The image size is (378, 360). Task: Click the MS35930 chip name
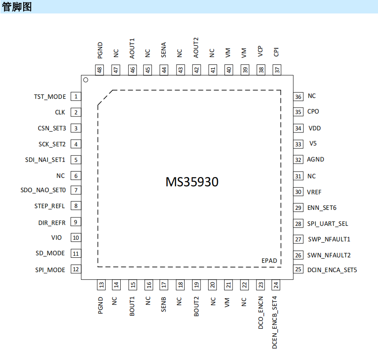(192, 182)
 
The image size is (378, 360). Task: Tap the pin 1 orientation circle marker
(85, 80)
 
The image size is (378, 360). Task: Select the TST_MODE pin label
(50, 97)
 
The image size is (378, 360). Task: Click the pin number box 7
(76, 190)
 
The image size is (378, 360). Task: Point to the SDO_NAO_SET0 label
(43, 190)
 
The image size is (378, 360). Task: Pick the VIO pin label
(56, 238)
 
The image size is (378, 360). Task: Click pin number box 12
(76, 270)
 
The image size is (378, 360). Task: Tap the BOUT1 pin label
(132, 307)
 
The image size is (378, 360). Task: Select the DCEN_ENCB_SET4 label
(275, 323)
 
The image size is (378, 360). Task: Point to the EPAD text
(269, 261)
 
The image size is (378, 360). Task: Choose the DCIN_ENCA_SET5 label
(332, 270)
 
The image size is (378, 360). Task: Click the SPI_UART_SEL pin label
(328, 224)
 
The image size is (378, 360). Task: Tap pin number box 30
(299, 192)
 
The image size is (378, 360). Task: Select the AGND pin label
(315, 159)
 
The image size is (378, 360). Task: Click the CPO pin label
(313, 111)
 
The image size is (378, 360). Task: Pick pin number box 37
(277, 70)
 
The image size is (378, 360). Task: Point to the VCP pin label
(260, 52)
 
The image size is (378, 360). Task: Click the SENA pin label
(164, 50)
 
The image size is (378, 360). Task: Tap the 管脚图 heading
(17, 7)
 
